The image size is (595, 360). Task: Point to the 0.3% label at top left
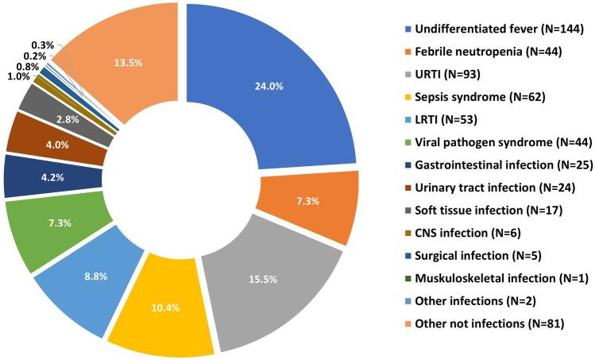coord(43,45)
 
